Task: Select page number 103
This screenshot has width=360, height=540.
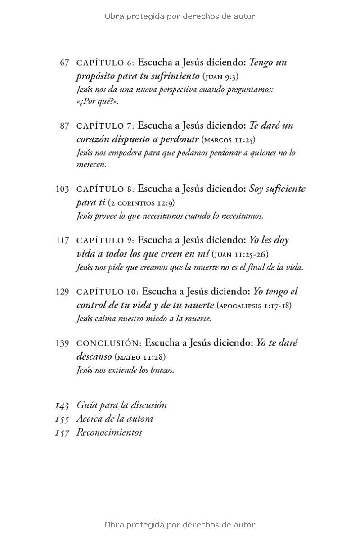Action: (62, 189)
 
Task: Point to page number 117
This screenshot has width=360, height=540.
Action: (62, 240)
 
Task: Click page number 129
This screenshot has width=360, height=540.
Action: (62, 292)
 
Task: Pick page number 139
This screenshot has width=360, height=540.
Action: (62, 343)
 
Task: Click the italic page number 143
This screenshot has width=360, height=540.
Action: (62, 405)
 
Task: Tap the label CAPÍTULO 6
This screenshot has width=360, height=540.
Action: (105, 63)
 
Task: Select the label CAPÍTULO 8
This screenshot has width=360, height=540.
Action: (105, 189)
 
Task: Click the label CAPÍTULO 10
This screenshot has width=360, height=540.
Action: (108, 292)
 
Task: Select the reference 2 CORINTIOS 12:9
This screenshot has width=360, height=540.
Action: (141, 203)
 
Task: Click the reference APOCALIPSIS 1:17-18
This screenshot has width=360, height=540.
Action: (254, 306)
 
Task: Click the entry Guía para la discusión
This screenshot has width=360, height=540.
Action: (121, 405)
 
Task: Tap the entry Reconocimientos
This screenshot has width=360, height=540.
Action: (109, 432)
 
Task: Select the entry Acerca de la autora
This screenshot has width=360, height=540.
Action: (115, 419)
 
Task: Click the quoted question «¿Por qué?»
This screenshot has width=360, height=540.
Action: (97, 101)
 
